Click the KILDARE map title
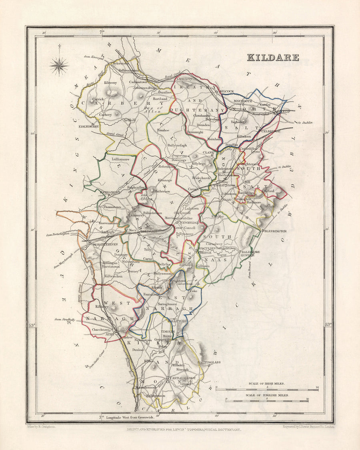[273, 57]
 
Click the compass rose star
[59, 66]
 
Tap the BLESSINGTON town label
[274, 231]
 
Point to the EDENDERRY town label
[88, 126]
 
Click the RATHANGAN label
[110, 192]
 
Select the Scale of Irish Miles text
[266, 383]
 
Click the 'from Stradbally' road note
[65, 320]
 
